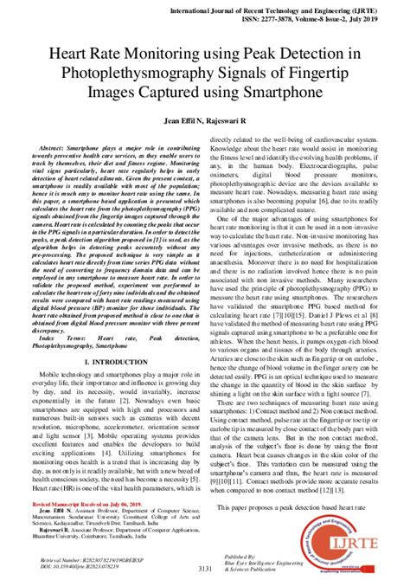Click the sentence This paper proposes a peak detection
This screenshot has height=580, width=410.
click(x=290, y=505)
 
